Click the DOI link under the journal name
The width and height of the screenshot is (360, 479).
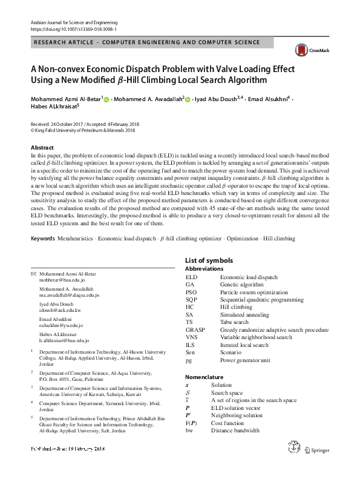pyautogui.click(x=74, y=28)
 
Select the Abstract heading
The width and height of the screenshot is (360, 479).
pyautogui.click(x=42, y=148)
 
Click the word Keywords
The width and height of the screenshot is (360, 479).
pyautogui.click(x=42, y=239)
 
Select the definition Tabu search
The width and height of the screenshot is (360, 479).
pyautogui.click(x=234, y=322)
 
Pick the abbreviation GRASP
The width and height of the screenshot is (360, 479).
pyautogui.click(x=195, y=330)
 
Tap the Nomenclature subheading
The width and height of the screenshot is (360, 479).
pyautogui.click(x=205, y=377)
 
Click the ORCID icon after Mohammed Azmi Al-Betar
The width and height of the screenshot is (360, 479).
pyautogui.click(x=107, y=99)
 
